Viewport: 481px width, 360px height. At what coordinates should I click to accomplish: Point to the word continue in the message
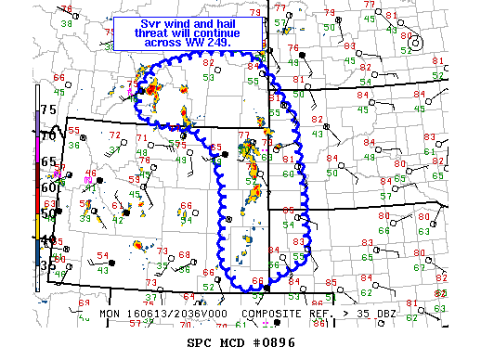[209, 33]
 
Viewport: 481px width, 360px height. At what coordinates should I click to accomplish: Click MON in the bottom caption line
[110, 315]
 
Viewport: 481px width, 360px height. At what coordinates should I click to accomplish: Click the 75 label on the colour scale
[46, 110]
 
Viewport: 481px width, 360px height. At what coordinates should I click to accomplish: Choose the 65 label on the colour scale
[46, 161]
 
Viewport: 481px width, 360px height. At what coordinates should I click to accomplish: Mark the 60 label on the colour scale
[46, 186]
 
